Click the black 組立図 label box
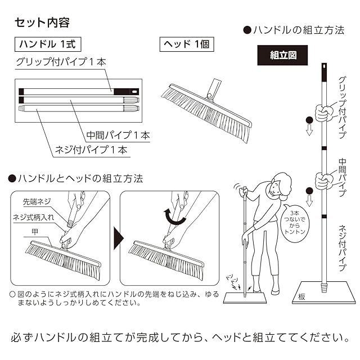(x=282, y=55)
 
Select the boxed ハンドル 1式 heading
(x=48, y=44)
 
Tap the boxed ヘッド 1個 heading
(x=187, y=44)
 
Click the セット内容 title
(x=42, y=22)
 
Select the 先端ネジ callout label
(x=37, y=201)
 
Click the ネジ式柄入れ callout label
(x=33, y=217)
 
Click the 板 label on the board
(x=301, y=297)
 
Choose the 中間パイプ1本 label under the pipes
(x=118, y=135)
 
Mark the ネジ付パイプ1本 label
(x=91, y=150)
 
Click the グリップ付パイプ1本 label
(x=61, y=62)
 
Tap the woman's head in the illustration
(x=280, y=185)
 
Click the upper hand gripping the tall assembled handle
(x=324, y=113)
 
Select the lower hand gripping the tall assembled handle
(x=323, y=181)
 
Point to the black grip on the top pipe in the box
(x=126, y=92)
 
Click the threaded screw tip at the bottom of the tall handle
(x=324, y=287)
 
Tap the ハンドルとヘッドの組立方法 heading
(x=75, y=179)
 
